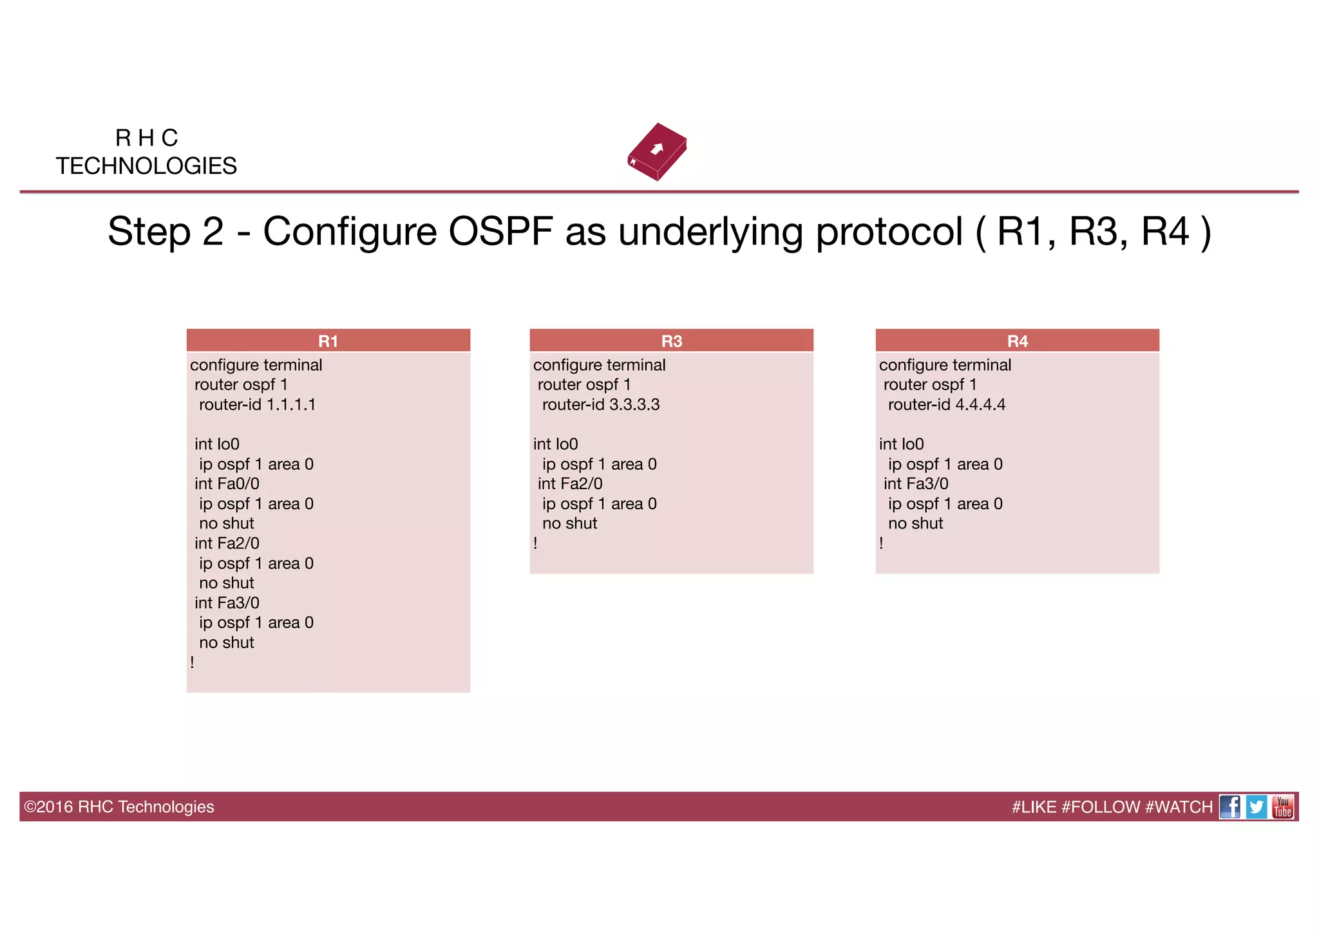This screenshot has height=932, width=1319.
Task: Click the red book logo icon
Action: click(657, 152)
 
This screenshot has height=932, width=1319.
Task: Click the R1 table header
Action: click(328, 340)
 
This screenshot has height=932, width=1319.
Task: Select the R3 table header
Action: click(671, 340)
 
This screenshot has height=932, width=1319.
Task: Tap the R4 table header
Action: click(1017, 340)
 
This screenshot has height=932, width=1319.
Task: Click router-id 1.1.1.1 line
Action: click(257, 404)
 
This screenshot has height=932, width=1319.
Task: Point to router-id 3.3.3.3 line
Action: click(600, 404)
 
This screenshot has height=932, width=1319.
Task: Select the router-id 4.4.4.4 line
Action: click(946, 404)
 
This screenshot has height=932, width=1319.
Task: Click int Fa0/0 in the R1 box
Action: click(227, 483)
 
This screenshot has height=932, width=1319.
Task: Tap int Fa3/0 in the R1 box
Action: click(227, 602)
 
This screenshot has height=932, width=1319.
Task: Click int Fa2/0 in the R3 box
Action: click(570, 483)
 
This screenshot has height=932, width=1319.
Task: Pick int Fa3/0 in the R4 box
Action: click(916, 483)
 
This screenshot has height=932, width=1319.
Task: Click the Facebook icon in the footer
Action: click(1230, 806)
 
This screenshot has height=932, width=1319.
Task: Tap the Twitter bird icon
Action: click(1257, 806)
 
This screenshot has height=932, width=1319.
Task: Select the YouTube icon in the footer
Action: click(1282, 806)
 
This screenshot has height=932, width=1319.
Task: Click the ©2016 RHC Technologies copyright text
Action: click(119, 806)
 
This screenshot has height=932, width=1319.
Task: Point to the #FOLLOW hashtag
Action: click(1101, 806)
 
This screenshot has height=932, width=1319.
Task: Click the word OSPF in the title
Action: click(500, 231)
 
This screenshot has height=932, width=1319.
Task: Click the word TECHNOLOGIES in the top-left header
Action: click(146, 166)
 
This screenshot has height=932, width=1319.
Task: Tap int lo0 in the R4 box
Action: click(901, 444)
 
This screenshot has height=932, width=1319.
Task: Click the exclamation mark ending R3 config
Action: click(535, 543)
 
